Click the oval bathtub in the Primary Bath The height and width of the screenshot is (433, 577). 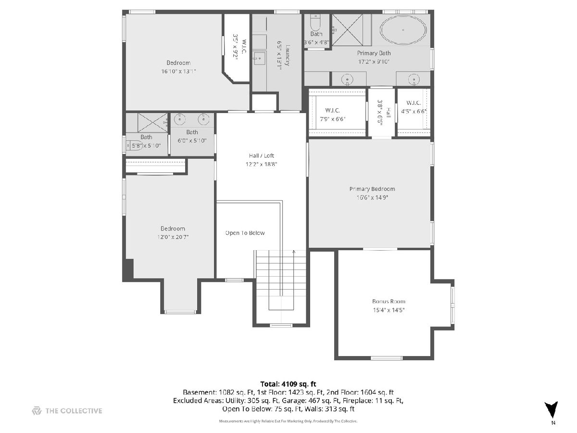click(x=403, y=30)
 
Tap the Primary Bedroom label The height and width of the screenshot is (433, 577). click(x=372, y=189)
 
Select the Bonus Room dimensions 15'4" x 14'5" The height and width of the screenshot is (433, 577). click(x=389, y=310)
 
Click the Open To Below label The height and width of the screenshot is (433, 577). click(x=245, y=233)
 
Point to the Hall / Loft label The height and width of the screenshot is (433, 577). click(x=261, y=155)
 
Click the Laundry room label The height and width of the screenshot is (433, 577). click(x=288, y=55)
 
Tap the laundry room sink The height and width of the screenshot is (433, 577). click(x=259, y=58)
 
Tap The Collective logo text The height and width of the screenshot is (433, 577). click(x=74, y=411)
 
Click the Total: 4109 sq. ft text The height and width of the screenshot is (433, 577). click(x=288, y=384)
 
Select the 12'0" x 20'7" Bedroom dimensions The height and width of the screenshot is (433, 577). click(x=173, y=237)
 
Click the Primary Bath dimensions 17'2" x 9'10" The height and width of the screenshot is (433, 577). click(x=374, y=62)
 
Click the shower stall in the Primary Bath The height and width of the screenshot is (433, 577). click(x=347, y=30)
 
